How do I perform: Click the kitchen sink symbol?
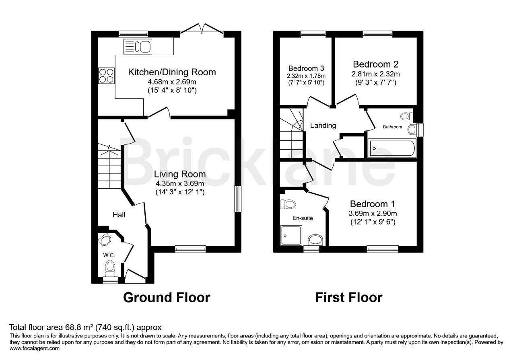138,46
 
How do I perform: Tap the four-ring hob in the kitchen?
106,76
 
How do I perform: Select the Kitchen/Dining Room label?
172,72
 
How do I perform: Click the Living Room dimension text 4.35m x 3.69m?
180,183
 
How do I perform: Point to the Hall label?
119,215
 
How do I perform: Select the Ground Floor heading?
167,298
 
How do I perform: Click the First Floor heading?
349,298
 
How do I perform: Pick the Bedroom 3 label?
306,68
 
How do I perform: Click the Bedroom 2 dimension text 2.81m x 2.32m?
376,74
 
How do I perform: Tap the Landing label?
323,125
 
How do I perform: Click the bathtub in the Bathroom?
392,148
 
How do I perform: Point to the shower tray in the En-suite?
291,235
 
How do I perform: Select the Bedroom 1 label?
373,204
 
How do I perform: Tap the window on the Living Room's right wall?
238,199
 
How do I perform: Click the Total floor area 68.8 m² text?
85,327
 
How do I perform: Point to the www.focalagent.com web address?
35,348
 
